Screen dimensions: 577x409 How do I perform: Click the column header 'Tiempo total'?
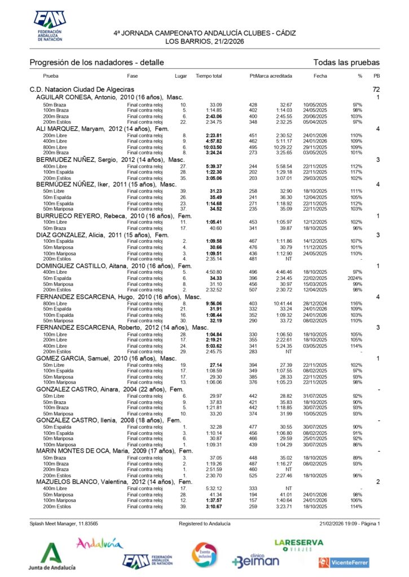pyautogui.click(x=209, y=76)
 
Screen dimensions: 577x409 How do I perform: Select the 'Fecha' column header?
pyautogui.click(x=320, y=76)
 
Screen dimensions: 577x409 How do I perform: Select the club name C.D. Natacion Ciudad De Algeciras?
pyautogui.click(x=82, y=90)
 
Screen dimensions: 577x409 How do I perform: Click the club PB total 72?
pyautogui.click(x=376, y=90)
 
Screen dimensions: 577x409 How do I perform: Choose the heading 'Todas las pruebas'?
pyautogui.click(x=346, y=62)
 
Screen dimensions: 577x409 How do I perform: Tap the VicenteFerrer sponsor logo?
pyautogui.click(x=344, y=562)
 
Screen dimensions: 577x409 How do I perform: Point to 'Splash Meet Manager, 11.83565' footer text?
pyautogui.click(x=64, y=523)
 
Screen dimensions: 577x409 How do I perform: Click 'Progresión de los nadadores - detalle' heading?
pyautogui.click(x=96, y=62)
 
